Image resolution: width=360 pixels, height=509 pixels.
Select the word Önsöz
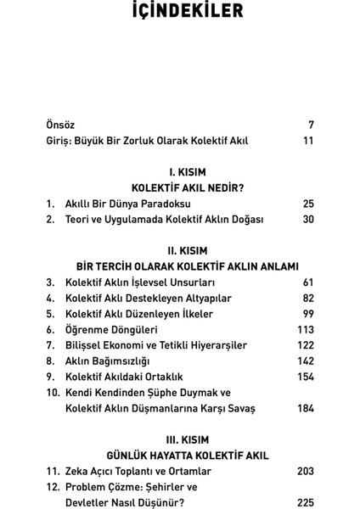coord(62,125)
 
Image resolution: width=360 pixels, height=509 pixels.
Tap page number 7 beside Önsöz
coord(311,125)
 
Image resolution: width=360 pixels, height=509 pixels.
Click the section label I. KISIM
coord(180,170)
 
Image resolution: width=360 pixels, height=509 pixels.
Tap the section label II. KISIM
coord(180,249)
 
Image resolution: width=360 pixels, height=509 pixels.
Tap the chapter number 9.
coord(50,376)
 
